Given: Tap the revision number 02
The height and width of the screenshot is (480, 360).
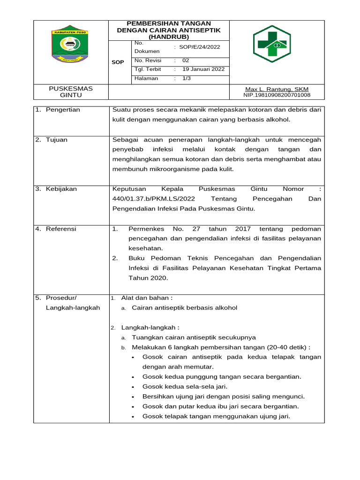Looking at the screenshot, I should point(186,60).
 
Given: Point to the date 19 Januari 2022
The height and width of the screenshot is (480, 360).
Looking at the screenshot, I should point(203,69).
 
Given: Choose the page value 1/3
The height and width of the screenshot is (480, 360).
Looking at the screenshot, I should point(187,78).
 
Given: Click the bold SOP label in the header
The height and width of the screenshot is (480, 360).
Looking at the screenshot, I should point(118,62).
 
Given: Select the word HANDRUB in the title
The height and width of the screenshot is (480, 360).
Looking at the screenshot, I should point(169,36).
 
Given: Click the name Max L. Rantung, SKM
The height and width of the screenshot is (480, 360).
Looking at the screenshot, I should point(277,89).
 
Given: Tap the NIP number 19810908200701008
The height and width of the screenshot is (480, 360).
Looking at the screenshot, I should point(277,95).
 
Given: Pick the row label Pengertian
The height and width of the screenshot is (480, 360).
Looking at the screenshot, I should point(63,110).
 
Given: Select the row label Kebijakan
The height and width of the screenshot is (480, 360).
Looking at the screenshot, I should point(61,189).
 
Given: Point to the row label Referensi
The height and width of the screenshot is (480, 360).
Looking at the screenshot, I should point(61,229).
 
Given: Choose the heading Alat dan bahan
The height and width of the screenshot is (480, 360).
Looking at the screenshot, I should point(147,298).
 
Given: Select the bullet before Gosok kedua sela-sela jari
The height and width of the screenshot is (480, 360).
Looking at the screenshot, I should point(134,387).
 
